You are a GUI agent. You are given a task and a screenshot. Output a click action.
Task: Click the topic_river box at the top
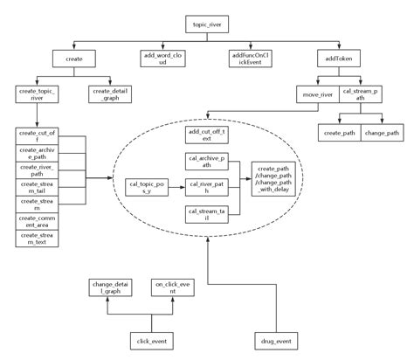[x=206, y=25]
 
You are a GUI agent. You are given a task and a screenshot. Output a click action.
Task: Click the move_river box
[x=316, y=94]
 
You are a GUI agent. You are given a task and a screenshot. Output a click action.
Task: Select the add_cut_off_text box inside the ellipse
[x=206, y=135]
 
